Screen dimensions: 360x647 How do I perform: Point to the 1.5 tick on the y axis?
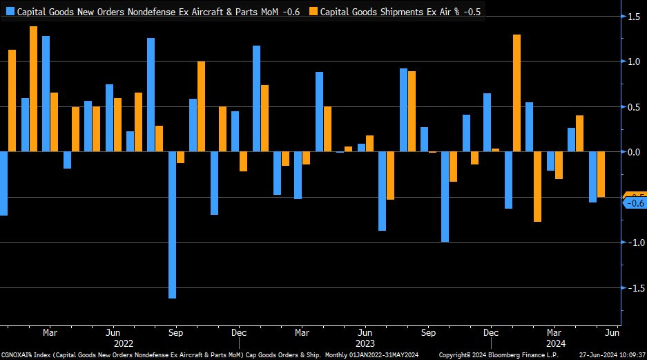[632, 16]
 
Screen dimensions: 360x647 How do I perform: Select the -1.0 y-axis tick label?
[631, 243]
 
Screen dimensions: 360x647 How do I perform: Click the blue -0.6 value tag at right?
[633, 204]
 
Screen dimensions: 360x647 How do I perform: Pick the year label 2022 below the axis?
[123, 343]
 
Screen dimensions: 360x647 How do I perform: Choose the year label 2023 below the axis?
[365, 343]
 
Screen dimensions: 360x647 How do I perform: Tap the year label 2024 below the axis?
[555, 343]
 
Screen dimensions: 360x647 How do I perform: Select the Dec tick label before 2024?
[492, 332]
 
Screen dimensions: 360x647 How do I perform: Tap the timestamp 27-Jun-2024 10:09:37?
[612, 355]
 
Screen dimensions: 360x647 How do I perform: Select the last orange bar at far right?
[601, 174]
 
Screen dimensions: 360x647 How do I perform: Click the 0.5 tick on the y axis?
[632, 106]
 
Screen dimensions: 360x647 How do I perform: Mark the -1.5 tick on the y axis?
[631, 288]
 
